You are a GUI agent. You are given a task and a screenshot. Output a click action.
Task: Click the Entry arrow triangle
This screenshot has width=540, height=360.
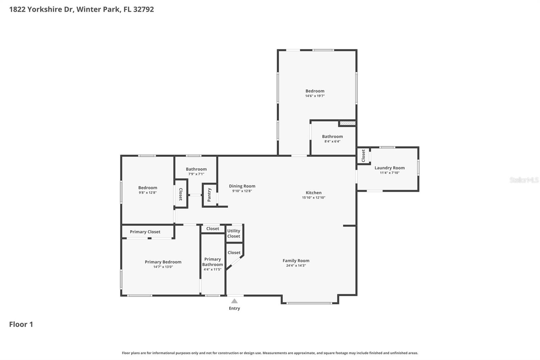tap(234, 301)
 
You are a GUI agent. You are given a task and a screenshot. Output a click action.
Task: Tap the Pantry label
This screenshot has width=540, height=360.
tap(209, 195)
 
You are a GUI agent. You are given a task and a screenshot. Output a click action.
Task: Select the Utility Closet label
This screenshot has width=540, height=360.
tap(234, 234)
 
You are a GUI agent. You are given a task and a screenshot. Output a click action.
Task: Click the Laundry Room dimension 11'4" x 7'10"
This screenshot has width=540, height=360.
tap(389, 173)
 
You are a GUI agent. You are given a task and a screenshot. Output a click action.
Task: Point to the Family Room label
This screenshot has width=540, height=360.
tap(296, 261)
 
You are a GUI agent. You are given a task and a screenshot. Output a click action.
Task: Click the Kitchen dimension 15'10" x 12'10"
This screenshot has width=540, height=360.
tap(314, 198)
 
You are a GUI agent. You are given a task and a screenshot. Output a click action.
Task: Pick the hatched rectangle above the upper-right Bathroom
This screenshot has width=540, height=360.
tap(347, 123)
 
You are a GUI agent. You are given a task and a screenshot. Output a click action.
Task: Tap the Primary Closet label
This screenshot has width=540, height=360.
tap(145, 232)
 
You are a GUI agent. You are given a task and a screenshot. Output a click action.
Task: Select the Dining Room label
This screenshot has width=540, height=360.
tap(242, 186)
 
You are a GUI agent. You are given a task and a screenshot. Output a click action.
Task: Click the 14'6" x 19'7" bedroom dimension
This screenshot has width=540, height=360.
tap(315, 96)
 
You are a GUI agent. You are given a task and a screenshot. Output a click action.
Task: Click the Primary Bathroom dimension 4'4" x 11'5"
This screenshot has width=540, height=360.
tap(212, 269)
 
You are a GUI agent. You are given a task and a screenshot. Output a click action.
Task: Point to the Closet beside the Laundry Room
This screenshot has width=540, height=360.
tap(363, 156)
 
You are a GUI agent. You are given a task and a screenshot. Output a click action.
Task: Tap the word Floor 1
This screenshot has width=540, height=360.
tap(21, 325)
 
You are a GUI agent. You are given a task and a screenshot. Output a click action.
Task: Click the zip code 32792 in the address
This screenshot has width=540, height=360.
tap(143, 9)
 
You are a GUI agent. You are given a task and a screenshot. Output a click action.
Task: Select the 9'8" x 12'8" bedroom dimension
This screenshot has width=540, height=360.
tap(147, 193)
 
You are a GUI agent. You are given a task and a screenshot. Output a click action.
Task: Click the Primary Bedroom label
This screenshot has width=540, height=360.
tap(163, 262)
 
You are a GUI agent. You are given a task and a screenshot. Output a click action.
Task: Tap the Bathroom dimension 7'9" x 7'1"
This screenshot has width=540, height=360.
tap(196, 174)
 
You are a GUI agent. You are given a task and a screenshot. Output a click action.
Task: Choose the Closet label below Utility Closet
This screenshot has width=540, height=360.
tap(234, 253)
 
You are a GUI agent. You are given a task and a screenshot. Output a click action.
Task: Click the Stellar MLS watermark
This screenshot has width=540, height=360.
tap(524, 180)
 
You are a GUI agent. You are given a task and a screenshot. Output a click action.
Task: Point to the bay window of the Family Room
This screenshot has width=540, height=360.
tap(309, 303)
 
